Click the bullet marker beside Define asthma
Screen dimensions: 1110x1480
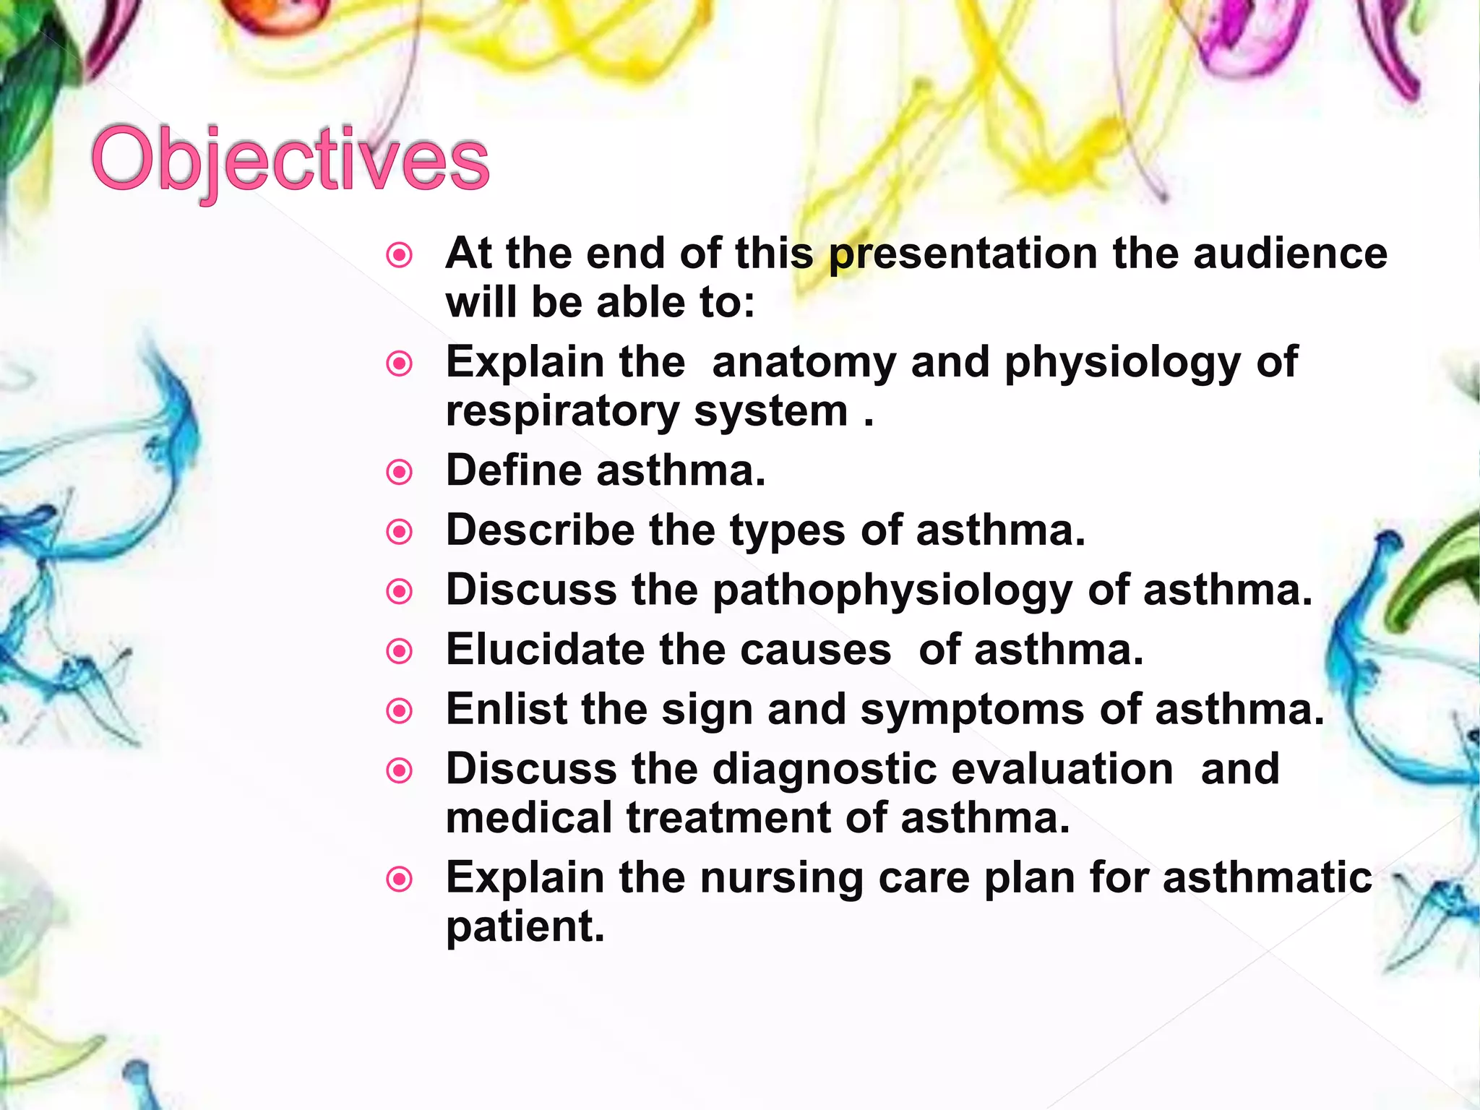coord(400,473)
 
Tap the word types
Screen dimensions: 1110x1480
coord(787,532)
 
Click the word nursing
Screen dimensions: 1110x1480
coord(781,879)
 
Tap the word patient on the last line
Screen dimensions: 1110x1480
coord(525,927)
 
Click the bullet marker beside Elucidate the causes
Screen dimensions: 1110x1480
coord(400,652)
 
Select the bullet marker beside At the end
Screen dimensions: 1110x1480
coord(400,255)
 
